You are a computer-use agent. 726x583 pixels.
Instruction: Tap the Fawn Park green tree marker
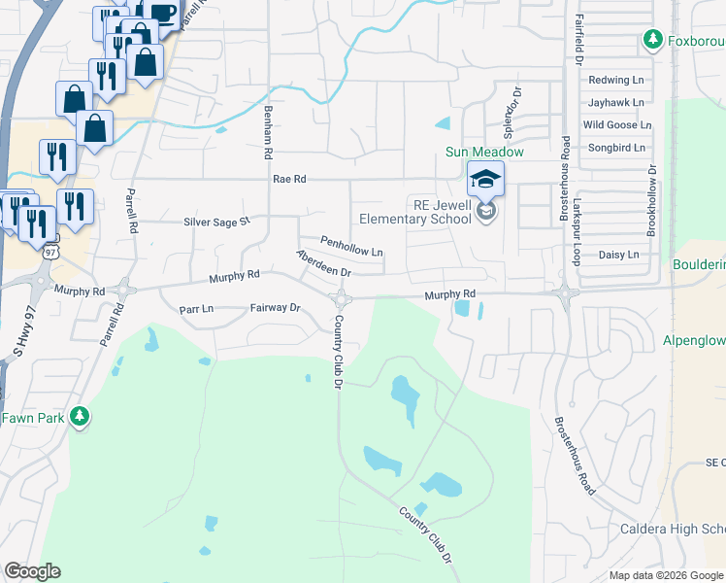[x=81, y=418]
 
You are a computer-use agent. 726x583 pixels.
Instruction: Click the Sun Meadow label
[x=484, y=152]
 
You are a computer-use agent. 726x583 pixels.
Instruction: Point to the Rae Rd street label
[x=289, y=179]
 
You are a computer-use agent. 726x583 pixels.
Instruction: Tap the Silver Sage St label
[x=217, y=222]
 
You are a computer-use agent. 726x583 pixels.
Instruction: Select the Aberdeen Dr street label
[x=323, y=264]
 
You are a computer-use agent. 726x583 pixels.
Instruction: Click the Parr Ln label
[x=196, y=308]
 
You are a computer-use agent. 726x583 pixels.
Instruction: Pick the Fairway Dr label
[x=277, y=307]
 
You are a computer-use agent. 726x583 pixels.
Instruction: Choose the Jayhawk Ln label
[x=615, y=102]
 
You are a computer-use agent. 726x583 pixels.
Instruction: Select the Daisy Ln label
[x=618, y=255]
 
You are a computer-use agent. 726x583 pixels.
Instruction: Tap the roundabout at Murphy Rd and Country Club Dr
[x=341, y=297]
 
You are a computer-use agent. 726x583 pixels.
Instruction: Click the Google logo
[x=32, y=571]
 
